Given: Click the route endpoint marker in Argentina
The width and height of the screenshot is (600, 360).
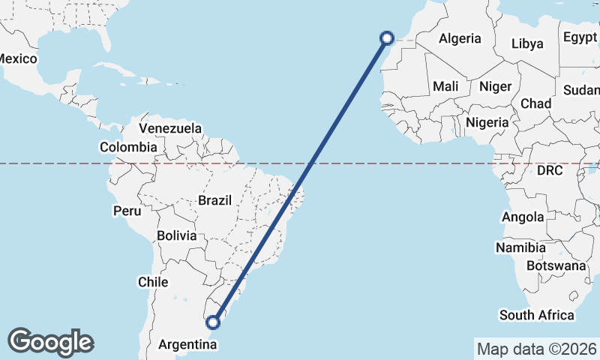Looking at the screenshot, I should click(214, 322).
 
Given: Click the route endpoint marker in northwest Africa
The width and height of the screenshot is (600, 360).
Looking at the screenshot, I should click(387, 38).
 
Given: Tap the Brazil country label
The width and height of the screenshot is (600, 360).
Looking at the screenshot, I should click(214, 200).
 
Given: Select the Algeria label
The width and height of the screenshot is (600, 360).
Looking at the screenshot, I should click(460, 39).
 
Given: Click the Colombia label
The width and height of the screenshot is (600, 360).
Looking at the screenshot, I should click(128, 147).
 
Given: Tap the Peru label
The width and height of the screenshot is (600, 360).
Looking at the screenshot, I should click(127, 211).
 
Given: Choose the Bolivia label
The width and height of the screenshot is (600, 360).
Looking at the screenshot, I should click(177, 235).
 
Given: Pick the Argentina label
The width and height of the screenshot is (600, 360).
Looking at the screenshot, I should click(188, 345).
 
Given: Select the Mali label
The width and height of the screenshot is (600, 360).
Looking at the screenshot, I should click(445, 86).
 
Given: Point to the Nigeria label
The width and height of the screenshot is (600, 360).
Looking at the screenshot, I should click(487, 122).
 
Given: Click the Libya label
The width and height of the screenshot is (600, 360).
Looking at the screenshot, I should click(526, 43).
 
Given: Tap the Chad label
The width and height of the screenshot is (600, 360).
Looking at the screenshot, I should click(536, 103).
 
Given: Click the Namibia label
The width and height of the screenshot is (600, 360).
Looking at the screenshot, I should click(519, 247).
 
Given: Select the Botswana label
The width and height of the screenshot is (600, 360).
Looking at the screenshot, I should click(556, 265).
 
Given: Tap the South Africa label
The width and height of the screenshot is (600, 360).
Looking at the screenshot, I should click(537, 315).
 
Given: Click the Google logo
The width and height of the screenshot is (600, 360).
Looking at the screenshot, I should click(50, 342).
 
